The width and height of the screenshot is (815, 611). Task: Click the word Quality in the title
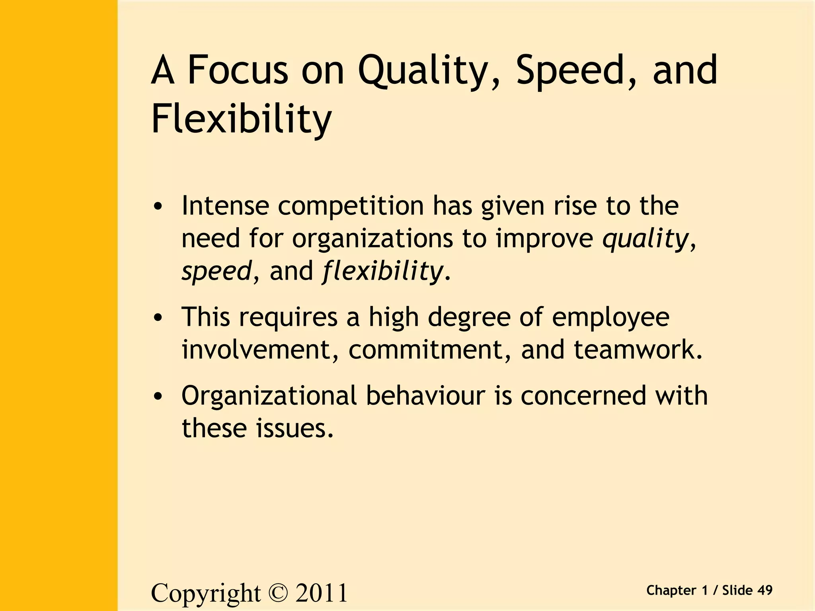pos(428,71)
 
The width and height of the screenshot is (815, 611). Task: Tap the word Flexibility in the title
pos(241,119)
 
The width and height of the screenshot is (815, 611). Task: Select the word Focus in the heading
pos(237,71)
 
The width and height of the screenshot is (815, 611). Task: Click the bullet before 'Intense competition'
pos(158,207)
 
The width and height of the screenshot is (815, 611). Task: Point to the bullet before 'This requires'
pos(158,318)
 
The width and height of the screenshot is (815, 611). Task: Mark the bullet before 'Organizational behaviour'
pos(158,397)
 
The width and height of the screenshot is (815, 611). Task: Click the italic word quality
pos(645,239)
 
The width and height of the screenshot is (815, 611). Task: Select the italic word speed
pos(216,272)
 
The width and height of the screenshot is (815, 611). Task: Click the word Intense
pos(225,206)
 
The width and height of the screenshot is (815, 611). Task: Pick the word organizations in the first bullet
pos(372,239)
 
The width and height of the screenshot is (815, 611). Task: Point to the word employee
pos(610,318)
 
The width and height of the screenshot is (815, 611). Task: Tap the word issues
pos(294,428)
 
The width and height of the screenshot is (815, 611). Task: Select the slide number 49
pos(764,590)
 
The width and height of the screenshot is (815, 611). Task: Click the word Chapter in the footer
pos(671,591)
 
